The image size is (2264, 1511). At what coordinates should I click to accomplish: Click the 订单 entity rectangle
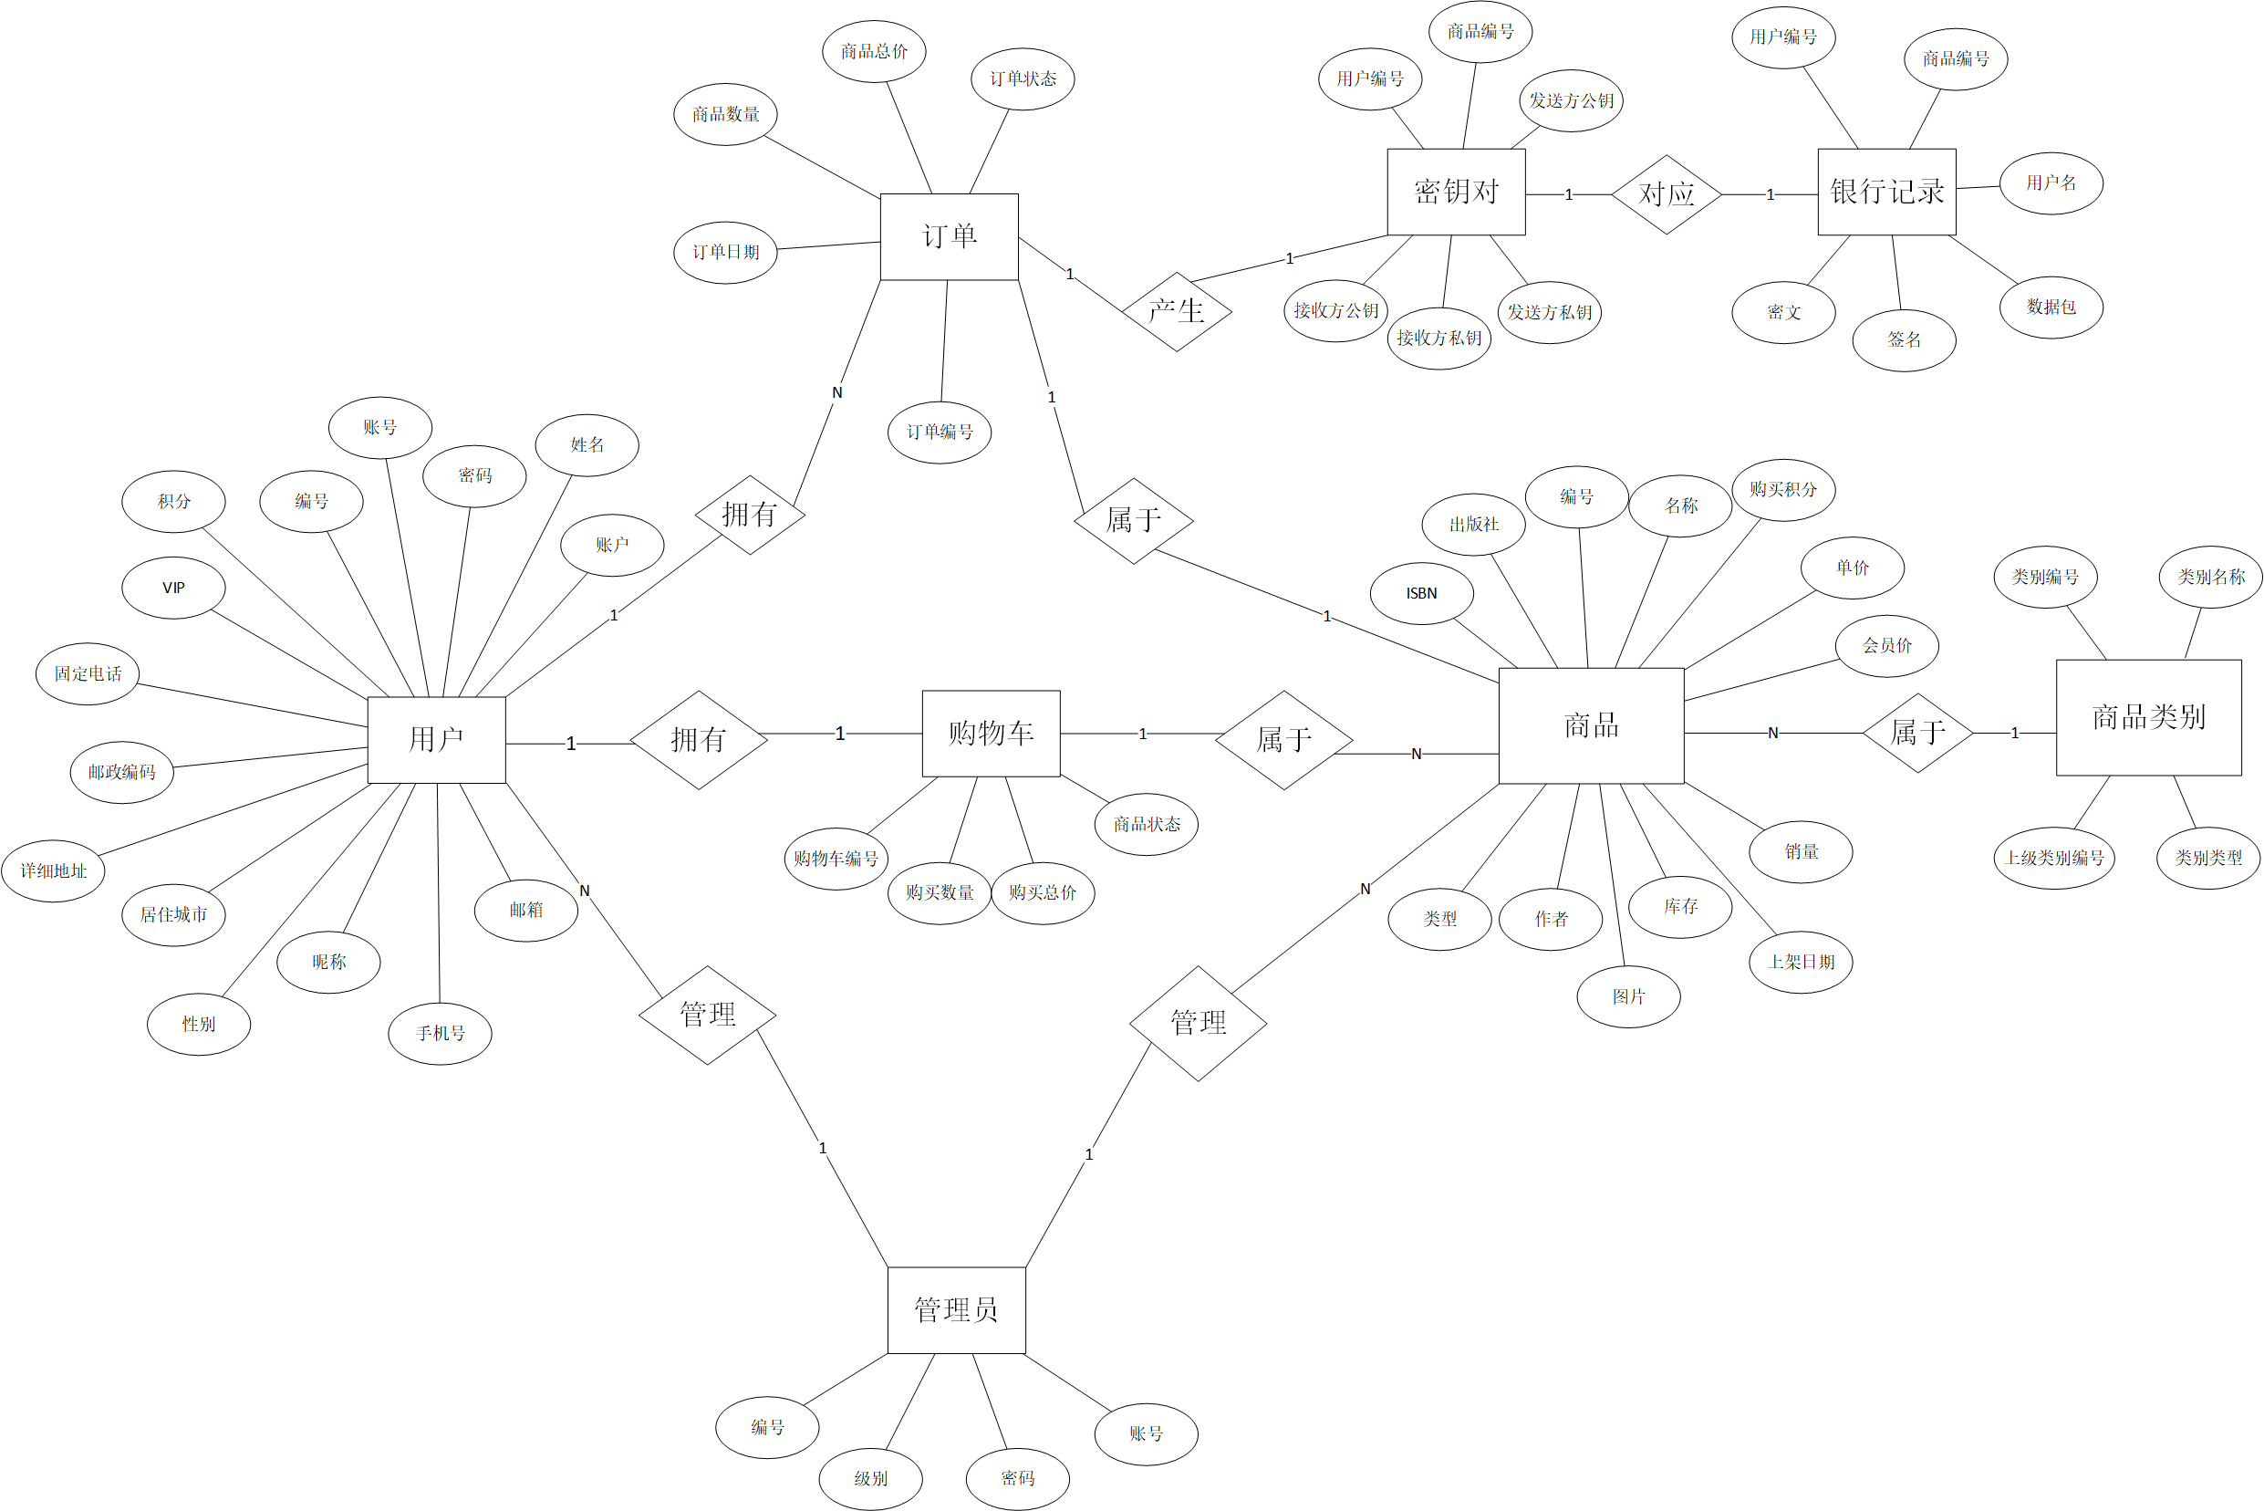pos(949,237)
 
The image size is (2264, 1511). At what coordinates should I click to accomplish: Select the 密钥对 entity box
pos(1456,192)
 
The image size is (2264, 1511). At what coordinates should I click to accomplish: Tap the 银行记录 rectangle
pos(1886,192)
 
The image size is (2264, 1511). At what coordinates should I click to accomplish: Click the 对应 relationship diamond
pos(1666,194)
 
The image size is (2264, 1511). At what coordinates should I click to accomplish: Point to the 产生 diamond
pos(1177,311)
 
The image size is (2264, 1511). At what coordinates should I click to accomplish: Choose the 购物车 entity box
pos(991,734)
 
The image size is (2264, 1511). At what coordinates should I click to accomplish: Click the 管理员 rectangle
pos(956,1309)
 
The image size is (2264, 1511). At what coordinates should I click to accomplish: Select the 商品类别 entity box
pos(2148,717)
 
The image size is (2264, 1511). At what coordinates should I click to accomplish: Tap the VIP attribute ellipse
pos(173,588)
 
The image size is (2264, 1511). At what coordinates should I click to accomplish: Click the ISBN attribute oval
pos(1421,594)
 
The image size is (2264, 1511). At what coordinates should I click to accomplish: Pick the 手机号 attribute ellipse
pos(441,1033)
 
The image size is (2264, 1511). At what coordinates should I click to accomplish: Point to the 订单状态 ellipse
pos(1023,79)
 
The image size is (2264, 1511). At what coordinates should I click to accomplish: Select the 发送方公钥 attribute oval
pos(1571,100)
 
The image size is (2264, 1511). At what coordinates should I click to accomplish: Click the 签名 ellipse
pos(1904,340)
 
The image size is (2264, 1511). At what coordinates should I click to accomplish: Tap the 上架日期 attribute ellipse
pos(1801,962)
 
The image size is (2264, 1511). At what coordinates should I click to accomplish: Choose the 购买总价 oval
pos(1043,893)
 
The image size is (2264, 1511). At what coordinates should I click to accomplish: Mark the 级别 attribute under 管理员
pos(870,1478)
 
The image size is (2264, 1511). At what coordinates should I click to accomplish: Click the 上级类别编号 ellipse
pos(2054,858)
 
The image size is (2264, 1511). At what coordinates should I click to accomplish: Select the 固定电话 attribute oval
pos(88,673)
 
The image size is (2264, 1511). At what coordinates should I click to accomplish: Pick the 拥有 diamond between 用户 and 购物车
pos(699,740)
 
